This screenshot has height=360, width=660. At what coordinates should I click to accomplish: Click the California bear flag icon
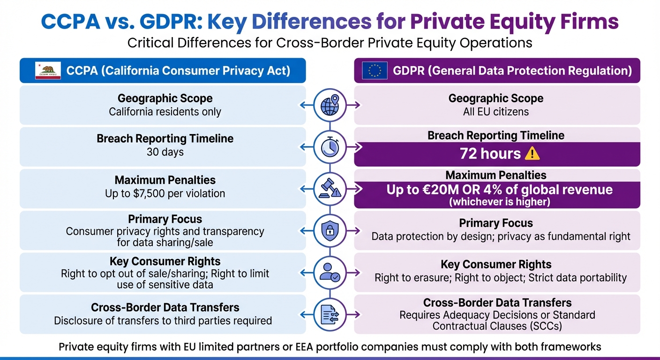48,71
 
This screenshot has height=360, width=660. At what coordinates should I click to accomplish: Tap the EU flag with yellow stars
375,71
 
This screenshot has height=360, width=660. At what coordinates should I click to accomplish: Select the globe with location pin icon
330,105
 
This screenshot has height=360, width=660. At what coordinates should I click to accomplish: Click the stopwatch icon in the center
330,147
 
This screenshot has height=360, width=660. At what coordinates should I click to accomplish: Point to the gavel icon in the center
330,188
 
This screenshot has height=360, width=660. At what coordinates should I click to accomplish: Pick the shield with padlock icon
330,230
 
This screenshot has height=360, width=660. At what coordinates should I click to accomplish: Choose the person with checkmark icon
330,272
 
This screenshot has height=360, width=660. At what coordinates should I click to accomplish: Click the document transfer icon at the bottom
330,314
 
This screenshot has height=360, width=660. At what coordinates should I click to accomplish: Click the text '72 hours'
490,154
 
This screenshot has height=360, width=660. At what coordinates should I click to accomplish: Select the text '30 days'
165,152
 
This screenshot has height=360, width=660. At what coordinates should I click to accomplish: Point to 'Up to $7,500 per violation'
165,193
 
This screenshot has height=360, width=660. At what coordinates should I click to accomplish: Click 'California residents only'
165,112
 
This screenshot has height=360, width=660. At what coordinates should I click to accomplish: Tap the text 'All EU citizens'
496,112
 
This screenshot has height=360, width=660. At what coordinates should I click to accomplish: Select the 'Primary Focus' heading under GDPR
496,223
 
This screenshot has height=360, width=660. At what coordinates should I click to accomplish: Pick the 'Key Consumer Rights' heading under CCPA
165,261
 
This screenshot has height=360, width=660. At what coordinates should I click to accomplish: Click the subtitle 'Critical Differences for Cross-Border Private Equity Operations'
330,43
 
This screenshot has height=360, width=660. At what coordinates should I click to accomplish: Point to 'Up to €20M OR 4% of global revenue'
499,190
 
